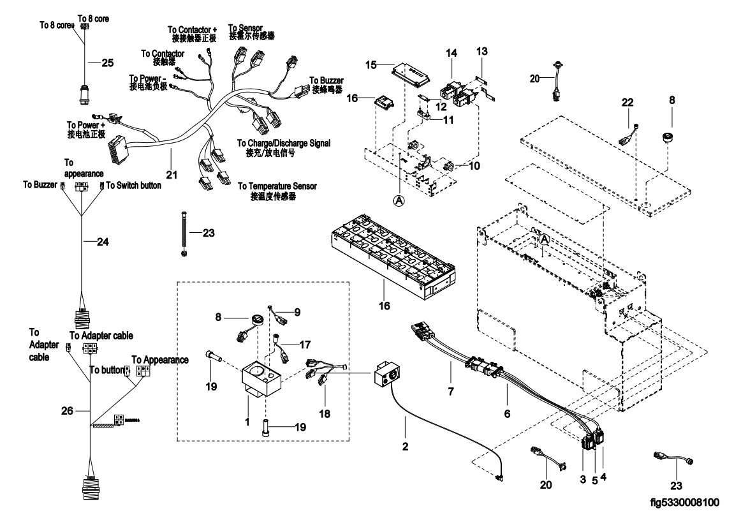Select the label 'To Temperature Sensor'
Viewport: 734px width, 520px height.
point(277,186)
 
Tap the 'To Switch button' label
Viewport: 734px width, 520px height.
point(133,186)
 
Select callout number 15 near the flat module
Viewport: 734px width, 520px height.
point(371,64)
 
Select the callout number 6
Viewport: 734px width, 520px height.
point(507,413)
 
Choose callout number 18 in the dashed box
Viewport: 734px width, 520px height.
point(325,413)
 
